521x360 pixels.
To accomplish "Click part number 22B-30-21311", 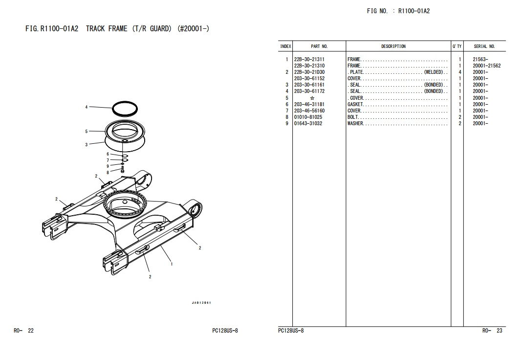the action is point(309,60).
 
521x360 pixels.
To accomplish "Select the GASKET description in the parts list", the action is point(355,104).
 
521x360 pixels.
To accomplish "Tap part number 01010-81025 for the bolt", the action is point(308,117).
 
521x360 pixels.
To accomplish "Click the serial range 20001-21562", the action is point(486,66).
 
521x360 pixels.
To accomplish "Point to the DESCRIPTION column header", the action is point(393,46).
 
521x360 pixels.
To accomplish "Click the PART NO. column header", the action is point(319,46).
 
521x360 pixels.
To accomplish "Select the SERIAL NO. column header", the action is point(484,46).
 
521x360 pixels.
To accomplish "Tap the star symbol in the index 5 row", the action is point(312,98).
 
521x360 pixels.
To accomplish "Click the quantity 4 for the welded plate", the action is point(460,72).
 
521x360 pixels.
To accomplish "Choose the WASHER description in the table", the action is point(355,124).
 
